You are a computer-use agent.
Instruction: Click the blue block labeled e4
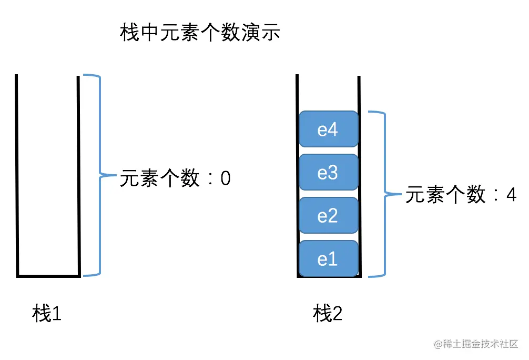coord(328,129)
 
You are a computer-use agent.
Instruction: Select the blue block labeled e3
coord(328,172)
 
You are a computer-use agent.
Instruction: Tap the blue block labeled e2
coord(328,215)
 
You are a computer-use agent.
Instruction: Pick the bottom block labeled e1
coord(328,258)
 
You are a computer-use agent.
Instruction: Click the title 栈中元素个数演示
coord(200,33)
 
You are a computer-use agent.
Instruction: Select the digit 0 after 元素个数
coord(225,178)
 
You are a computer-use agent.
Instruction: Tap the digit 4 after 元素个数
coord(511,195)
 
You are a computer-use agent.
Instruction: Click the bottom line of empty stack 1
coord(48,275)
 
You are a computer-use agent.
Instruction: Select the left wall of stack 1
coord(17,174)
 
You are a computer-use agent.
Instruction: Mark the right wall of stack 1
coord(79,174)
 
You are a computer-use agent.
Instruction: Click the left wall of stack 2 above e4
coord(297,92)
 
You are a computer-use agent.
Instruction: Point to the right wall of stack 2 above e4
coord(359,92)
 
